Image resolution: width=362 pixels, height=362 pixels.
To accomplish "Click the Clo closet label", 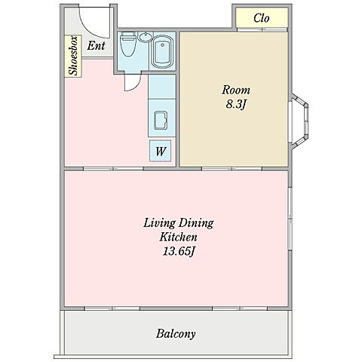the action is click(x=262, y=18).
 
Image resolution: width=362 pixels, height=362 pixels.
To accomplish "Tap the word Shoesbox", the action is click(x=73, y=56).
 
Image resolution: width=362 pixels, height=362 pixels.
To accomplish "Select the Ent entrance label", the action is click(x=96, y=46).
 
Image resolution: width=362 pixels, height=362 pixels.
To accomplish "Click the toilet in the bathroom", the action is click(x=128, y=44).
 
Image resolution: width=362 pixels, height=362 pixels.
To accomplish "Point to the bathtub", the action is click(x=162, y=52).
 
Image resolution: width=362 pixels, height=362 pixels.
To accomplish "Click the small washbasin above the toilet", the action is click(x=146, y=37).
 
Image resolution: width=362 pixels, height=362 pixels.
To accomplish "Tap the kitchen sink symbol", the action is click(x=161, y=120).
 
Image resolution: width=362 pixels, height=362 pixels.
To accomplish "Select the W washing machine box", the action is click(x=161, y=151).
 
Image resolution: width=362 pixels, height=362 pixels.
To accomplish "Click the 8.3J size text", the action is click(x=235, y=104).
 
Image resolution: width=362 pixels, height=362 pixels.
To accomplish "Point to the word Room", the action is click(x=236, y=90).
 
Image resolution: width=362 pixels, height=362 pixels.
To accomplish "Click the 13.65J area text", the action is click(x=179, y=251).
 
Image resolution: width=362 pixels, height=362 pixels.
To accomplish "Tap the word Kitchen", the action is click(x=178, y=237).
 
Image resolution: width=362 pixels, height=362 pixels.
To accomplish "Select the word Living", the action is click(x=159, y=223).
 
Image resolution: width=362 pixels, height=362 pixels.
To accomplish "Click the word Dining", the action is click(x=196, y=223).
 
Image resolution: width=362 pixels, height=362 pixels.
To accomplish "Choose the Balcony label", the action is click(x=176, y=334).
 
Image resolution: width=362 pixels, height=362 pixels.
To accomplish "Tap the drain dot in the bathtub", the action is click(x=163, y=45).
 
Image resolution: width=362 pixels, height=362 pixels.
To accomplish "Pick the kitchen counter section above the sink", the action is click(x=162, y=87).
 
